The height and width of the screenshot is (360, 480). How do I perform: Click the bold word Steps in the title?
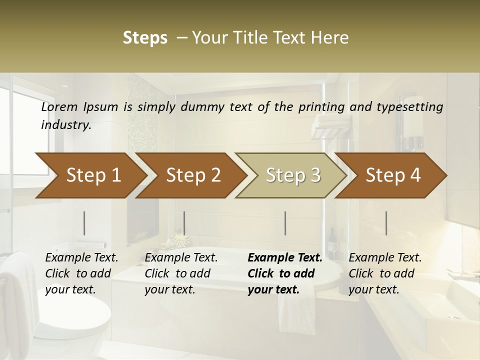(x=145, y=38)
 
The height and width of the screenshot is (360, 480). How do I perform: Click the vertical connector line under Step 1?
(x=84, y=223)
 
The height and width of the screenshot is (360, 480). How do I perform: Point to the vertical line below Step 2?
(x=184, y=223)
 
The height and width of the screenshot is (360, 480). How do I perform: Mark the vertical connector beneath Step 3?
(x=285, y=223)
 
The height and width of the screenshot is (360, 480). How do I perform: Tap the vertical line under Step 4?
(x=386, y=223)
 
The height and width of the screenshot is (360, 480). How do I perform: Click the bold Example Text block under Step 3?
(x=285, y=273)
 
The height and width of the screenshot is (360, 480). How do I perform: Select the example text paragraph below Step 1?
(x=81, y=273)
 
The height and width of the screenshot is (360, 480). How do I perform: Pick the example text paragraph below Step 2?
(x=181, y=273)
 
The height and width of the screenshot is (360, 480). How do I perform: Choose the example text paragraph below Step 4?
(x=385, y=273)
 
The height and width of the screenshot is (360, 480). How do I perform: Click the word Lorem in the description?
(x=59, y=107)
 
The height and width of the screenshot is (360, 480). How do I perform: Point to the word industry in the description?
(x=65, y=125)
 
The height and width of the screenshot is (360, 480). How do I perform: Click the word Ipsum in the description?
(x=101, y=107)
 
